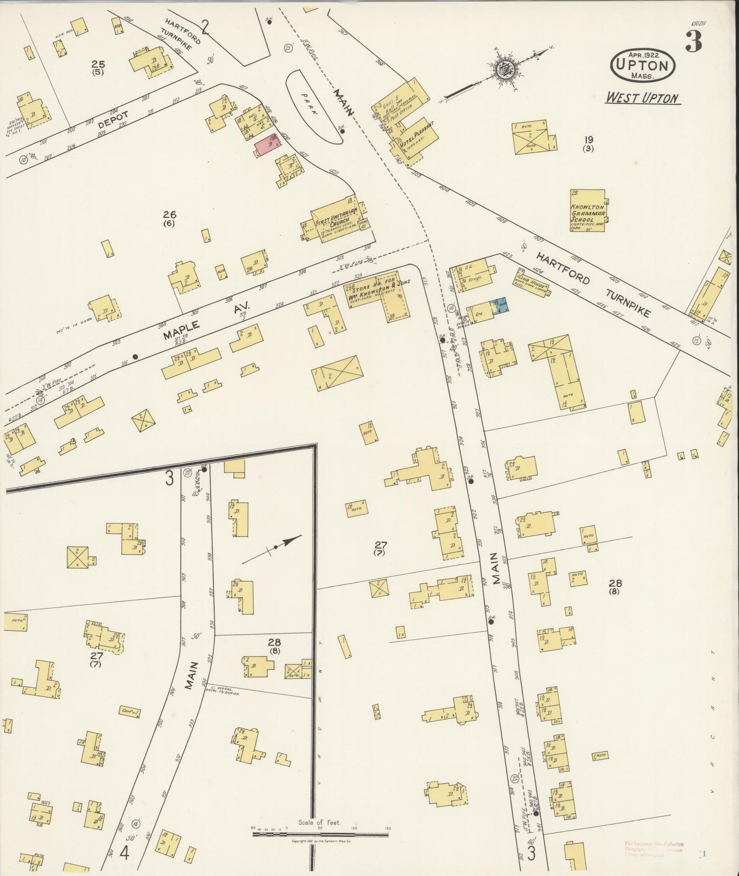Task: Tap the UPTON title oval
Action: point(643,65)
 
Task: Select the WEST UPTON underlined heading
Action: point(642,98)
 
